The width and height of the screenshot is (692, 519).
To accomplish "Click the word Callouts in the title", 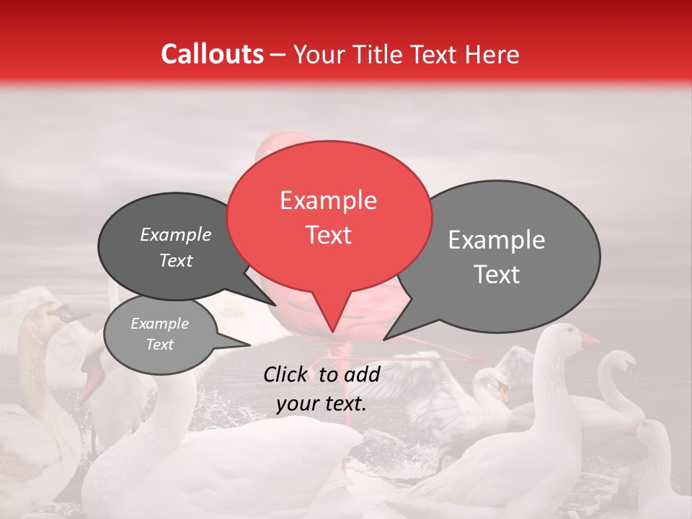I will coord(212,54).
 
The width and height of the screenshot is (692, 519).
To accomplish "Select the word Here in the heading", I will coord(493,54).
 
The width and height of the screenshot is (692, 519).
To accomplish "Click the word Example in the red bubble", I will coord(328,200).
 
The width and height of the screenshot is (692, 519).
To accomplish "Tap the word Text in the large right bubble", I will coord(497,275).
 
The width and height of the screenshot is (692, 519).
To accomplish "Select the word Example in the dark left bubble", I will coord(176,235).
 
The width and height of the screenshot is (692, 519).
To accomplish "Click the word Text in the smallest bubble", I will coord(160,345).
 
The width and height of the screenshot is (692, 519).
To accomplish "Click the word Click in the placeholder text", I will coord(285,374).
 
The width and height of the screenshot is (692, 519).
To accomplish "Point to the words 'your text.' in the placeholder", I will coord(321,404).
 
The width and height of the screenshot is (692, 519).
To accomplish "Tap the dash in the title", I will coord(278,55).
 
